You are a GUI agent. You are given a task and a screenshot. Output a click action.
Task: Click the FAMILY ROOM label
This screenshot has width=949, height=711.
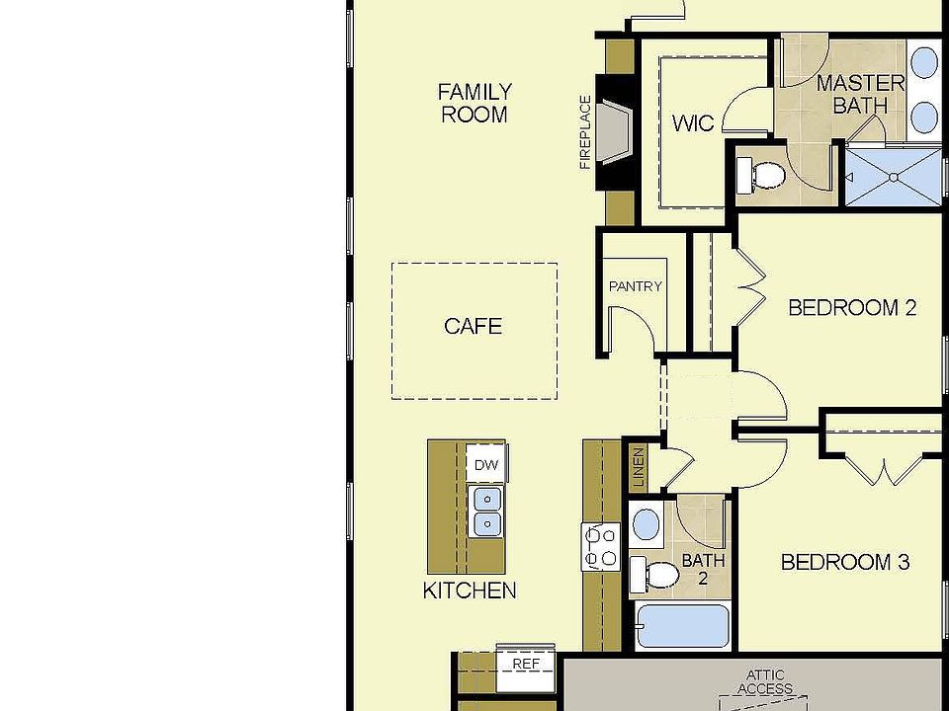[x=474, y=104]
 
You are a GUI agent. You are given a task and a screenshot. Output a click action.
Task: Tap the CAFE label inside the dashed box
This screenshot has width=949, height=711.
[x=474, y=327]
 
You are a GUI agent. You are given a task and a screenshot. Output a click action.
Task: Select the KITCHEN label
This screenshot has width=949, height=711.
[x=470, y=591]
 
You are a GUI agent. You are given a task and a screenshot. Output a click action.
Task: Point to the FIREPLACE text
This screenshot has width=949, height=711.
[x=585, y=132]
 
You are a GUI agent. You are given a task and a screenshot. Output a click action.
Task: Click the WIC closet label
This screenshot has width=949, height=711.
[x=693, y=123]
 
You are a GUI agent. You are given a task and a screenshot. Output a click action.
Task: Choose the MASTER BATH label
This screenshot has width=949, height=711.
[x=861, y=95]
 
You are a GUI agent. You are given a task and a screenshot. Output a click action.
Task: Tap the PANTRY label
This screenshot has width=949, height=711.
[x=636, y=286]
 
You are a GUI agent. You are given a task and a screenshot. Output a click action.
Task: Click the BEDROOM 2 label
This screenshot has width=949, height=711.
[x=852, y=308]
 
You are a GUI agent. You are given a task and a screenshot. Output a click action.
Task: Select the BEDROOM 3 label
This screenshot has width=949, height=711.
[x=845, y=562]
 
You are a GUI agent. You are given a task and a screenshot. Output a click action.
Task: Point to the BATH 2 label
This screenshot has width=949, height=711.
[x=703, y=569]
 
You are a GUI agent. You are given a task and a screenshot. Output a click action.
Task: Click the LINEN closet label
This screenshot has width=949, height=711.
[x=639, y=468]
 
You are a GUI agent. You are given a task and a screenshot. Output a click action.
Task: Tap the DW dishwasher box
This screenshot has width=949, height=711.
[x=486, y=464]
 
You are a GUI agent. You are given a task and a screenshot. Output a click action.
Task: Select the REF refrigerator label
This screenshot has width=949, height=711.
[x=526, y=664]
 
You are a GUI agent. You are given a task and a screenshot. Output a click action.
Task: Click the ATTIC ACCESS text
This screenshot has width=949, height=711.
[x=765, y=682]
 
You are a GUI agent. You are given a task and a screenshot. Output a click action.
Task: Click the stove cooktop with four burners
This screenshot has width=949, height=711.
[x=601, y=547]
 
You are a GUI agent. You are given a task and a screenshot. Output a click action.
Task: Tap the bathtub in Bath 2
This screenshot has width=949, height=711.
[x=683, y=626]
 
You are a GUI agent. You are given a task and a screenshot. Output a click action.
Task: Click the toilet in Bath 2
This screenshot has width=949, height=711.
[x=653, y=575]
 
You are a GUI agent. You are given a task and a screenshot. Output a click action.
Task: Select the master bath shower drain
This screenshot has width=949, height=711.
[x=894, y=177]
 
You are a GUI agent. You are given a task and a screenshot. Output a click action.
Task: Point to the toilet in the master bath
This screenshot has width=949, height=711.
[x=761, y=176]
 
